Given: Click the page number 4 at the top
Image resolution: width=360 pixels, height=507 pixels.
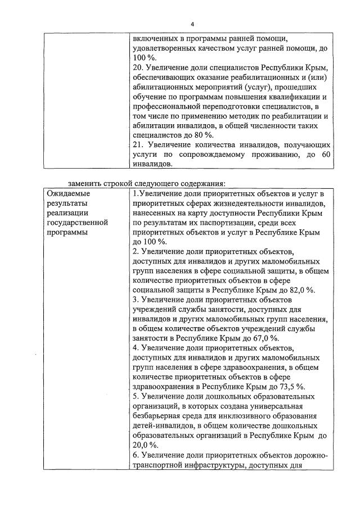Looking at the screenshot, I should pyautogui.click(x=192, y=25).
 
